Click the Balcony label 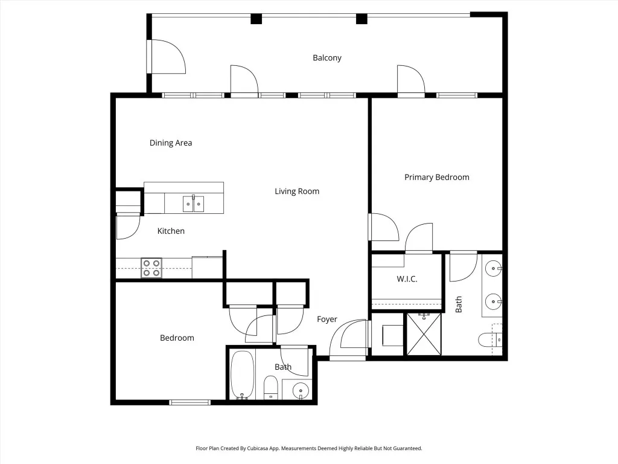coord(327,57)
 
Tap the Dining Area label coord(171,143)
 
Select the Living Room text coord(297,192)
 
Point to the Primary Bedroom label coord(437,177)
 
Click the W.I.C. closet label coord(407,279)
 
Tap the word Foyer coord(327,319)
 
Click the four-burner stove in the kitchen coord(151,268)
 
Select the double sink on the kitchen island coord(193,204)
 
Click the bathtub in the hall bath coord(242,375)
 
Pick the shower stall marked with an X coord(424,333)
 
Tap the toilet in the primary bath coord(490,340)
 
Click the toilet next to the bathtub coord(270,387)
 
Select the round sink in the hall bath coord(301,391)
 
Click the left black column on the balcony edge coord(256,19)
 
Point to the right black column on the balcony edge coord(362,19)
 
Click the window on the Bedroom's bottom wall coord(190,402)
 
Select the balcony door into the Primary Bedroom coord(411,80)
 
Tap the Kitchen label coord(171,231)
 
